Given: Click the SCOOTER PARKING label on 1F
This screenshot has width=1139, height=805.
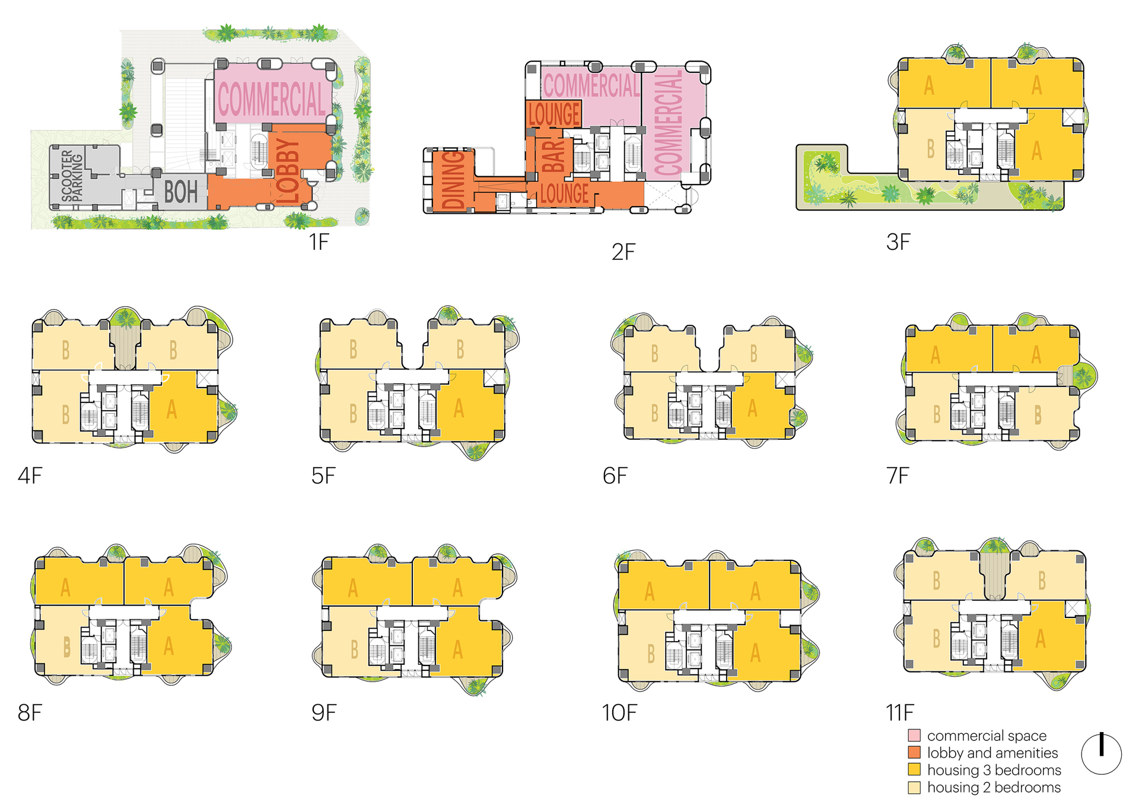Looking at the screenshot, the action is [72, 176].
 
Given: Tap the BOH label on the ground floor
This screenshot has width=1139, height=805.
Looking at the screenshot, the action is [181, 192].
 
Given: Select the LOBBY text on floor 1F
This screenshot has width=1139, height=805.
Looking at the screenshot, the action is [288, 171].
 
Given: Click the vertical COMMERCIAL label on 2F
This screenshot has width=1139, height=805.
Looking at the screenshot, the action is [669, 123].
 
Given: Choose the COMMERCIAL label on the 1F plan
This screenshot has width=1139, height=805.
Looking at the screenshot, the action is [272, 99].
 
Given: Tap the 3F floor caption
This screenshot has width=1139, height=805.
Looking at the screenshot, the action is [898, 242].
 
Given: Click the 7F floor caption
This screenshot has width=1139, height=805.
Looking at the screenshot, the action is [898, 476].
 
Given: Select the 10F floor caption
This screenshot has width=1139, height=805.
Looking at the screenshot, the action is [619, 712].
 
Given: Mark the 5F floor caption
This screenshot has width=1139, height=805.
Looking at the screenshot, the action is [323, 476].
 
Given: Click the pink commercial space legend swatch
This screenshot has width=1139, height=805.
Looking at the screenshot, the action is [914, 736].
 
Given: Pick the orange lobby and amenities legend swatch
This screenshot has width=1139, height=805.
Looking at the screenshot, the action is [914, 753].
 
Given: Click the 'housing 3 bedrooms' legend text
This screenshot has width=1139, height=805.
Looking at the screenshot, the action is [994, 770].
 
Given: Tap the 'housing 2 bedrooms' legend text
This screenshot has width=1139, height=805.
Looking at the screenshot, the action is [994, 787].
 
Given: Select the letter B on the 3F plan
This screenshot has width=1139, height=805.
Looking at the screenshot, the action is [931, 150].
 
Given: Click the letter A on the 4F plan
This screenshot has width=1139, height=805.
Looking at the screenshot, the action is [172, 409].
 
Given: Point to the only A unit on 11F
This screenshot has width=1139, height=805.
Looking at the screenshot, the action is [1041, 639].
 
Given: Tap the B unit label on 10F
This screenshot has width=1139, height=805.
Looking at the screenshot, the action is [651, 654].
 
